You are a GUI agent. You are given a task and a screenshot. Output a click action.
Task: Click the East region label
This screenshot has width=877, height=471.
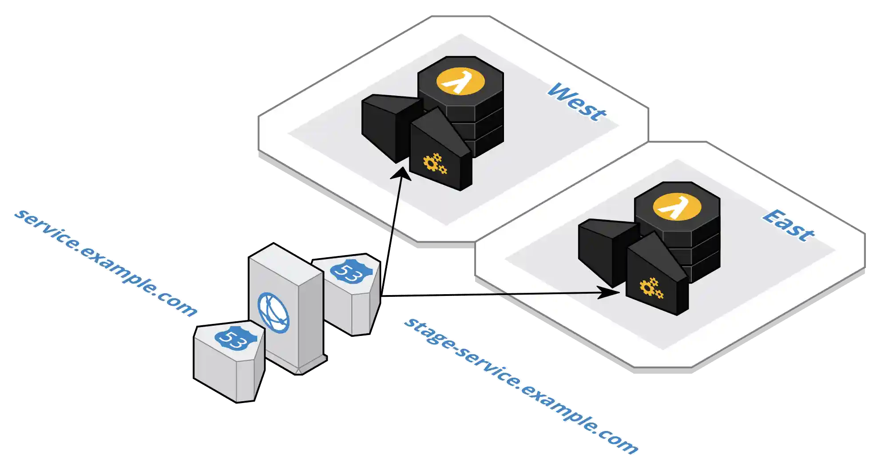[789, 226]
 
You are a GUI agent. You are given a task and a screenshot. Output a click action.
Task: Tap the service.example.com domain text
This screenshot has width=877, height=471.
[105, 263]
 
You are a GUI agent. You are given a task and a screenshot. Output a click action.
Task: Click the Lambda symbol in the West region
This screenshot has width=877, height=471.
[460, 81]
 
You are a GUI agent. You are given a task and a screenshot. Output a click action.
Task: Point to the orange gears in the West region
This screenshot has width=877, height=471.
[434, 164]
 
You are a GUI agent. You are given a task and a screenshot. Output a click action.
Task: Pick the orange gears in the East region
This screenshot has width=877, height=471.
[651, 288]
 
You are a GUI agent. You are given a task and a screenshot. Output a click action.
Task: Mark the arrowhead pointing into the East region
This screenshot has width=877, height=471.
[611, 292]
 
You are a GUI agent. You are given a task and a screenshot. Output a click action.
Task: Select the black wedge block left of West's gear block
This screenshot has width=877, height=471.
[384, 124]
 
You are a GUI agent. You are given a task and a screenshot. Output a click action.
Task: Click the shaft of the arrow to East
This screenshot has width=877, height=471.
[511, 294]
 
